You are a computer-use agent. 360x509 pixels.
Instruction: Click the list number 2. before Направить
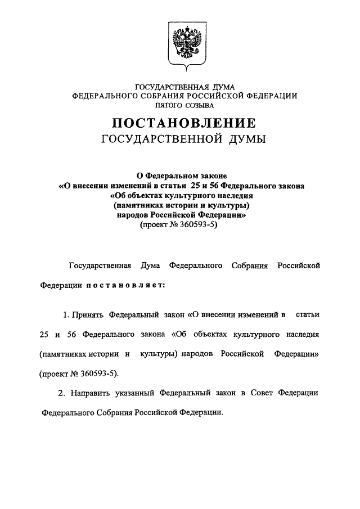coord(66,393)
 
